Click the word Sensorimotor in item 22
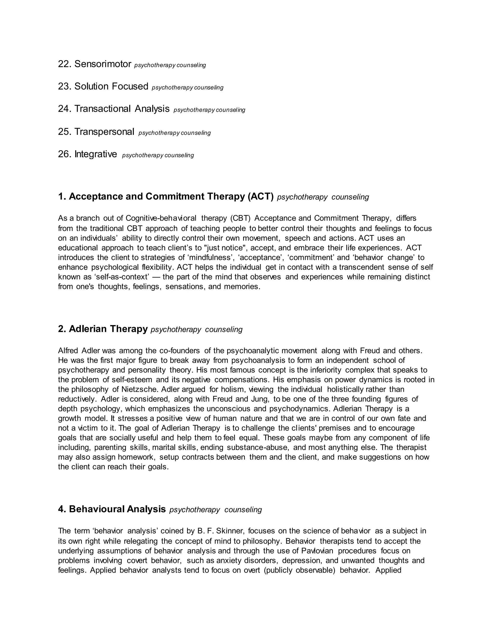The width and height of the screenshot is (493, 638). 103,64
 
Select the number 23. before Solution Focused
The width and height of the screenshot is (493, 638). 65,86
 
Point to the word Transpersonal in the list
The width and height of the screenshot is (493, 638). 104,132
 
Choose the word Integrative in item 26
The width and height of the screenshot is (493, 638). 96,154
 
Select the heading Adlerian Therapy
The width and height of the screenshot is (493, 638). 108,329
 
